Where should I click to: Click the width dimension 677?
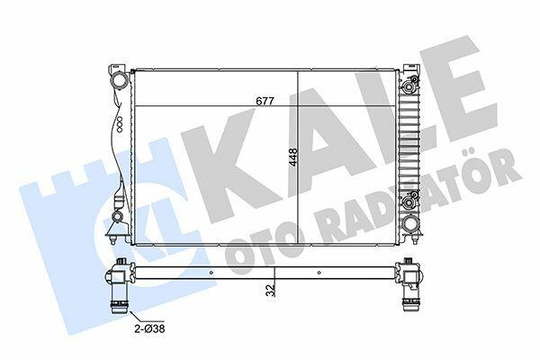265,102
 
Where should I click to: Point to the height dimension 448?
293,157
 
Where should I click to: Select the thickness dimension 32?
271,290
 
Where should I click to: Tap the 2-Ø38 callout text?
149,328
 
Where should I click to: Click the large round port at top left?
119,81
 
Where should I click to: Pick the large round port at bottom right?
411,223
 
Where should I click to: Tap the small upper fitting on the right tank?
409,86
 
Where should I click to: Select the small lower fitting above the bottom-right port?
409,202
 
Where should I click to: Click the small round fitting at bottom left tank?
117,217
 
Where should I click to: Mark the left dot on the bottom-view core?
211,273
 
